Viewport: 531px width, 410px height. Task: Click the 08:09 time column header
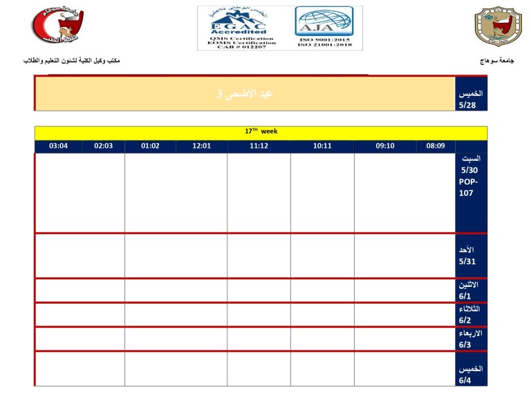coord(436,146)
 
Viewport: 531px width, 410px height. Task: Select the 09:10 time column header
coord(385,146)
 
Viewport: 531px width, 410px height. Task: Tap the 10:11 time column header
coord(322,146)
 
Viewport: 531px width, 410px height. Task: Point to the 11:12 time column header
coord(259,146)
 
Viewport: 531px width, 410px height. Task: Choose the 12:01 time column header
coord(201,146)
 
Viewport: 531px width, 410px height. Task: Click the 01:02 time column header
coord(150,146)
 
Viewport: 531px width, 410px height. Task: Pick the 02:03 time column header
coord(104,146)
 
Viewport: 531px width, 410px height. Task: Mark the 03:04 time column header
coord(59,146)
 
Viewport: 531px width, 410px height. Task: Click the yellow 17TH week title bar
coord(261,131)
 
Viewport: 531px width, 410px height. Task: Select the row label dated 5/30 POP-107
coord(471,192)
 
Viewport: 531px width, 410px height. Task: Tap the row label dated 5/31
coord(471,255)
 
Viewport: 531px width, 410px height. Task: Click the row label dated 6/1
coord(471,290)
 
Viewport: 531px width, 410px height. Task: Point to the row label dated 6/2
coord(471,314)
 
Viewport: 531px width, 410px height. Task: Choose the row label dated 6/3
coord(471,338)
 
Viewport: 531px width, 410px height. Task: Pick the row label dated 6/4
coord(471,369)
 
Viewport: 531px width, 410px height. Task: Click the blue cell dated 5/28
coord(471,93)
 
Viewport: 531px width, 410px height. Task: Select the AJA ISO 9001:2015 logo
coord(324,28)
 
